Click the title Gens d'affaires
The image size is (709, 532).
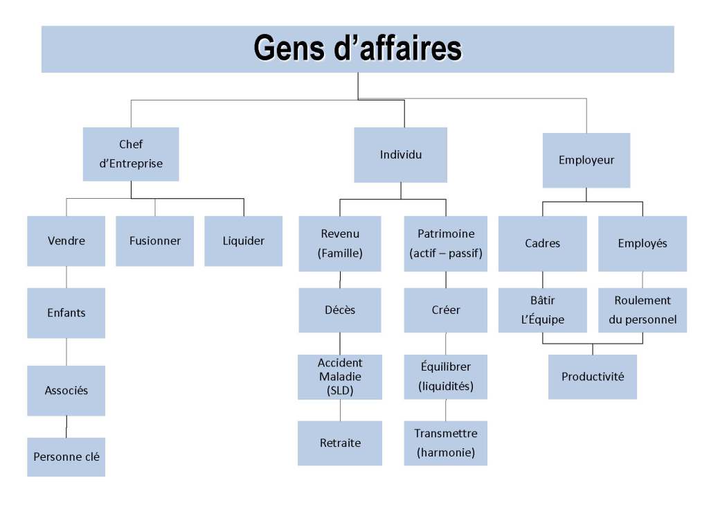[x=357, y=49]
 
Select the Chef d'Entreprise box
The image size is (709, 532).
[x=131, y=154]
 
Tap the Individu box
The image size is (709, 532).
[x=400, y=154]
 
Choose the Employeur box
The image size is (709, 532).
[x=586, y=160]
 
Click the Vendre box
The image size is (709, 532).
[x=66, y=241]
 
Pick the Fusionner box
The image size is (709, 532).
[x=154, y=241]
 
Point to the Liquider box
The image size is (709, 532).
[x=243, y=241]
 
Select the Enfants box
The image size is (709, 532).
[x=66, y=312]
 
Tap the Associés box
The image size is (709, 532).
[x=66, y=390]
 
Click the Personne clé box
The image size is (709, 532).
[x=66, y=456]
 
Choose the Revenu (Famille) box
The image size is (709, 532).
[x=339, y=243]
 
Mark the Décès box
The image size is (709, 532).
[x=339, y=310]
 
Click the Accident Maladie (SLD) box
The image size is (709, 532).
[x=339, y=377]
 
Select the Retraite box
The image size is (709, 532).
[x=339, y=443]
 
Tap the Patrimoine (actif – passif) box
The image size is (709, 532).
[x=445, y=243]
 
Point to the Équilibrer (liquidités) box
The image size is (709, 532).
[x=445, y=376]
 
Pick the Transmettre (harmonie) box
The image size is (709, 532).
[x=445, y=443]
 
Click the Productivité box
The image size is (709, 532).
[x=592, y=376]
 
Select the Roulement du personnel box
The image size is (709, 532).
[x=642, y=310]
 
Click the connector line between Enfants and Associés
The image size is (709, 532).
[x=66, y=352]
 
